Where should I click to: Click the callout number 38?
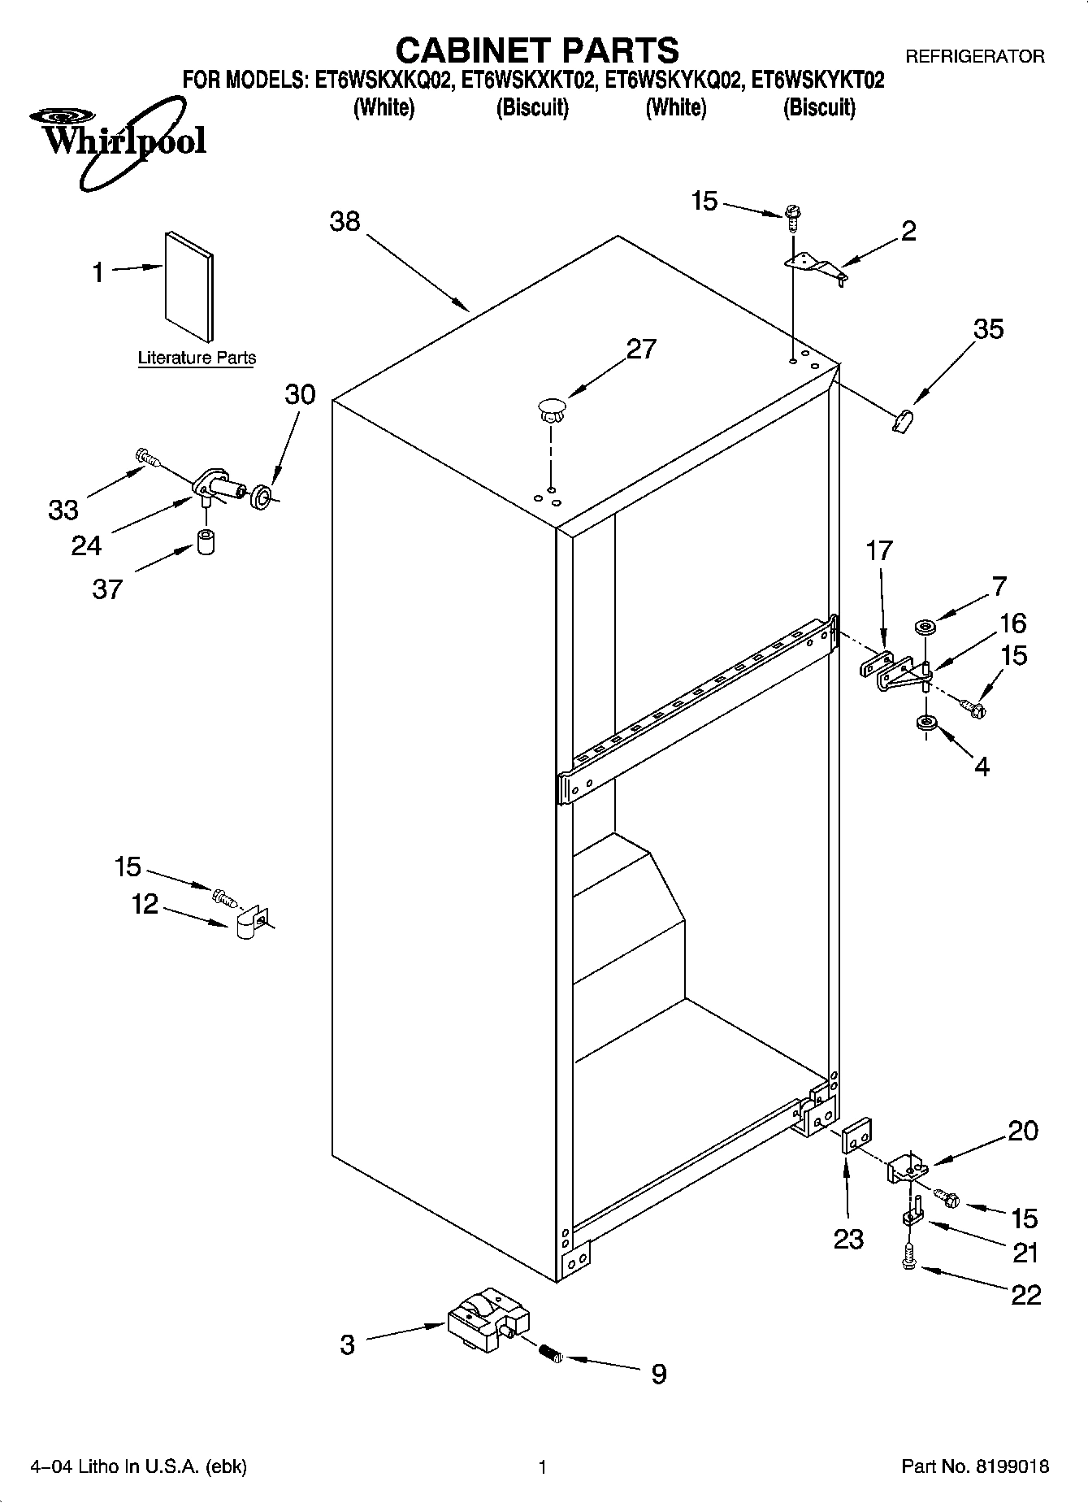(345, 221)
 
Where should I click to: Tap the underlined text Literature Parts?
(197, 358)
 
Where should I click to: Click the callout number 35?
(988, 329)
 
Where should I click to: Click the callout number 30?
(300, 394)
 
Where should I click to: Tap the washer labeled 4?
(925, 723)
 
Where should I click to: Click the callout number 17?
(879, 551)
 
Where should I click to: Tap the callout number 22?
(1025, 1295)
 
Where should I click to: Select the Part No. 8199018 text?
(975, 1466)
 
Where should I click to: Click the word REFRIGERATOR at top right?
(975, 57)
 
